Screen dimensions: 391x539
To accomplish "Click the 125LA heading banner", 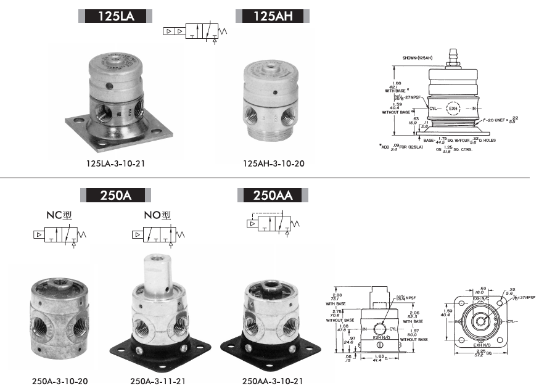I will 117,15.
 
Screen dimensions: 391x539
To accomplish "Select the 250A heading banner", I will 117,196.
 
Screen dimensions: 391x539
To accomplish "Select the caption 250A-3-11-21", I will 157,382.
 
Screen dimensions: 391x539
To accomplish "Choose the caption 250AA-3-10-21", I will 272,382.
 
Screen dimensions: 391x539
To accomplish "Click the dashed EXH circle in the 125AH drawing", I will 453,109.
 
